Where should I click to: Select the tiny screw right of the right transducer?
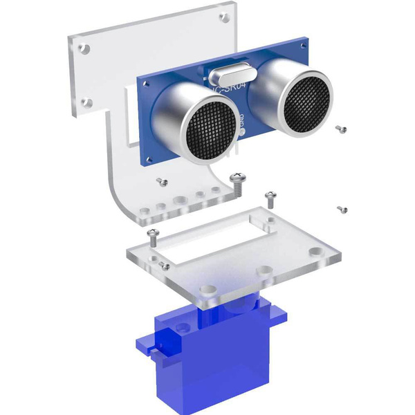pos(339,127)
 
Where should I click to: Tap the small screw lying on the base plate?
pos(165,264)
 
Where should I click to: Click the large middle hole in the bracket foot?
pos(180,200)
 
